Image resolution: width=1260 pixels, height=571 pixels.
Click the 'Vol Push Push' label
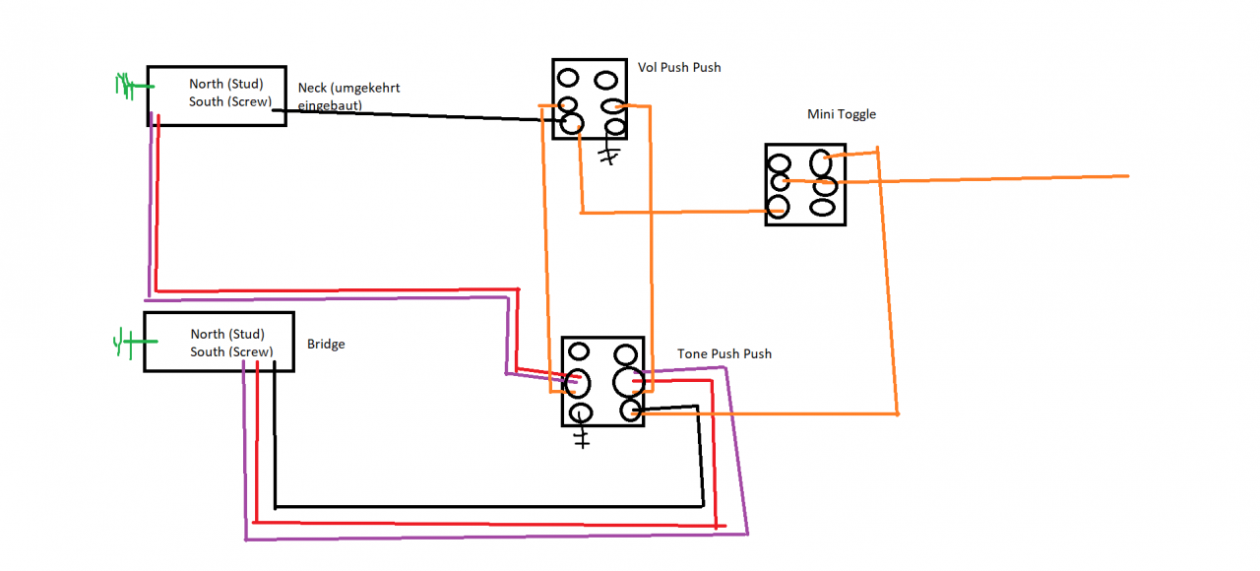[679, 68]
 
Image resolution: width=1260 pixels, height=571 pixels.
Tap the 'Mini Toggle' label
[842, 114]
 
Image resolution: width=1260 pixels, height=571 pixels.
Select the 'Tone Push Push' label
[724, 353]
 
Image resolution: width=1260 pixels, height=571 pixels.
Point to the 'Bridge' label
[326, 345]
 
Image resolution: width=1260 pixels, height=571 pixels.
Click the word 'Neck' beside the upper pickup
[312, 88]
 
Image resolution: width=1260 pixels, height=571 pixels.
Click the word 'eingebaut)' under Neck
[330, 105]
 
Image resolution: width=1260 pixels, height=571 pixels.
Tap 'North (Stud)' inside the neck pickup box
[226, 84]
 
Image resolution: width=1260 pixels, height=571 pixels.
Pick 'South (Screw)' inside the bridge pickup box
[231, 352]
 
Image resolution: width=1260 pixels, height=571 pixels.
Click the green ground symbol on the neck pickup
[134, 86]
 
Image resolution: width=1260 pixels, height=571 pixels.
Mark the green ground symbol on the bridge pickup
[134, 342]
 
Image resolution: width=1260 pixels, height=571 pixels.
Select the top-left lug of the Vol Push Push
[568, 78]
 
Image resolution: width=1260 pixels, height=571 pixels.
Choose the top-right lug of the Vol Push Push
[605, 80]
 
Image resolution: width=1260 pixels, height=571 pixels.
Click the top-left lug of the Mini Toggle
[780, 164]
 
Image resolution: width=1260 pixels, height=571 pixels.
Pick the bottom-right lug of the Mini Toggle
[822, 208]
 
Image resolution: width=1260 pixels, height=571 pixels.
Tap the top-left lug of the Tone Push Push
[579, 352]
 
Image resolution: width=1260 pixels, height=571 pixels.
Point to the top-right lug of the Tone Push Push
[625, 355]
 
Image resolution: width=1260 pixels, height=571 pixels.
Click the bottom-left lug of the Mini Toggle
[778, 207]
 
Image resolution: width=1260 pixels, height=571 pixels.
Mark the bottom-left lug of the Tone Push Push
[581, 413]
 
